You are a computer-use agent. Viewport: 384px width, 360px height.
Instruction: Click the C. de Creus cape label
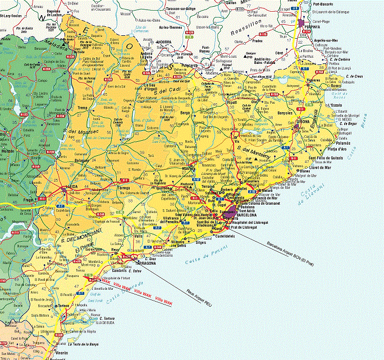click(355, 76)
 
